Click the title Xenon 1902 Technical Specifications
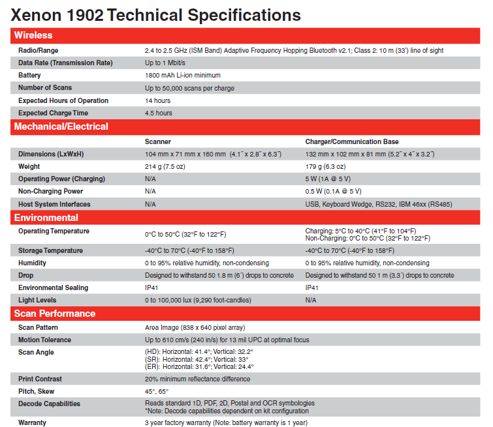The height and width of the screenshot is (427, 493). pos(156,15)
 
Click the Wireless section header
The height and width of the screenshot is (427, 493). pos(33,35)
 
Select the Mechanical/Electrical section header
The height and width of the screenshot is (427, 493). pos(61,126)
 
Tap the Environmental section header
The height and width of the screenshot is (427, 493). pos(46,218)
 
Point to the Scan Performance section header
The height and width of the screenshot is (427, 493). pos(55,314)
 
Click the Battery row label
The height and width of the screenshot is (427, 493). pos(30,76)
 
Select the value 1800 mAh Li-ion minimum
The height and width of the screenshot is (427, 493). pos(183,76)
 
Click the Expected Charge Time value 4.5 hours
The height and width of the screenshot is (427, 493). pos(159,113)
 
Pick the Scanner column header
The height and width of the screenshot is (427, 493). pos(158,141)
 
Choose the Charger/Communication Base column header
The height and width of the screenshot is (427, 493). pos(352,141)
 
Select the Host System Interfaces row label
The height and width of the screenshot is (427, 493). pos(54,204)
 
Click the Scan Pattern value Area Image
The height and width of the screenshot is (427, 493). pos(195,327)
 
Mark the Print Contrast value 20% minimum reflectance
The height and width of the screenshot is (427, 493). pos(197,379)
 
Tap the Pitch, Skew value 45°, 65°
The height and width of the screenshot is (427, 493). pos(157,391)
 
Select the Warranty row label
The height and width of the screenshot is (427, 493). pos(33,422)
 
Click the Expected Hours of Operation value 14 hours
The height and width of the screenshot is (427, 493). pos(158,101)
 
